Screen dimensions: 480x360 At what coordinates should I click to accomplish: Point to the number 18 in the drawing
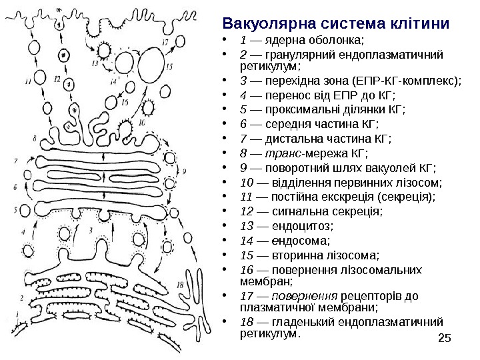(180, 285)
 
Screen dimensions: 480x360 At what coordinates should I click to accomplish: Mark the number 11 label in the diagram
(27, 82)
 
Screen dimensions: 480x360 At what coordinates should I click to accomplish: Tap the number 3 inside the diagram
(91, 231)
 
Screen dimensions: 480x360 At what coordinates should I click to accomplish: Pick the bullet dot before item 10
(229, 183)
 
